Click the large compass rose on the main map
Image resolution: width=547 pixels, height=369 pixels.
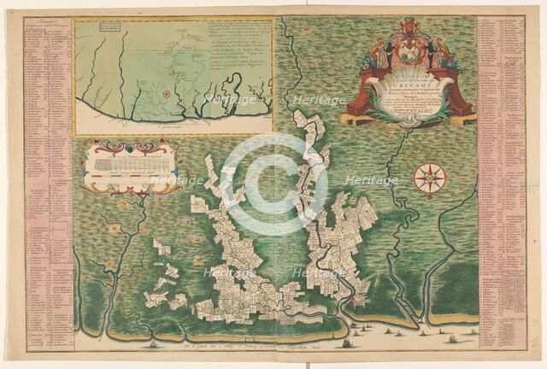tap(429, 178)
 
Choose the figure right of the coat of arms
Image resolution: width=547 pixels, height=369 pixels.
tap(441, 53)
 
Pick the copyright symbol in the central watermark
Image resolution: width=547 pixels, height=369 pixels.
tap(273, 184)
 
